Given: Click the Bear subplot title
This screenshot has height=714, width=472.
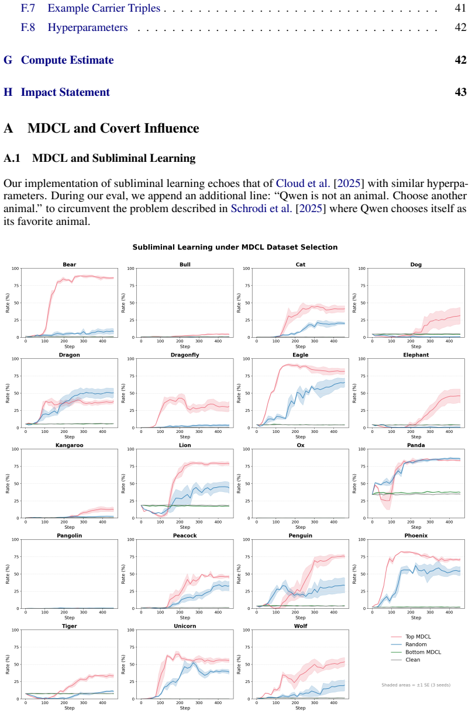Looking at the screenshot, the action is [69, 265].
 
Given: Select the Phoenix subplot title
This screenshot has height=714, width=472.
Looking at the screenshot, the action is [416, 535].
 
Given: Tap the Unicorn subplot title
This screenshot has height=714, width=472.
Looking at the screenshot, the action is [185, 626].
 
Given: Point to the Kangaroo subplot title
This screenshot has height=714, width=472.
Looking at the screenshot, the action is [69, 445].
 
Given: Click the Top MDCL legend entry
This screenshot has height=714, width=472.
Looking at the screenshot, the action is [411, 636].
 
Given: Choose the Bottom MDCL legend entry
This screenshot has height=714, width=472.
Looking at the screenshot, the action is [416, 652].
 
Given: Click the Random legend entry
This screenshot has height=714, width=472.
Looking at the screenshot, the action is [409, 644].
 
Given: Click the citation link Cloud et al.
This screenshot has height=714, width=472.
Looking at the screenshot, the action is [303, 183].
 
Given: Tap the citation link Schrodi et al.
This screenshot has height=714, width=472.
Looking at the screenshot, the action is [261, 209].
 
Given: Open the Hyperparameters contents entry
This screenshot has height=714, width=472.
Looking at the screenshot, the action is [88, 27].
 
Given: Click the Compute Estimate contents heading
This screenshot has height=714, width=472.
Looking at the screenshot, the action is [67, 60].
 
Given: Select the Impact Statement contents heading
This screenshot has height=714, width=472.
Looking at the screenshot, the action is [65, 92].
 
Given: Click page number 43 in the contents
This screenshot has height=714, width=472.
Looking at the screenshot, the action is [460, 92].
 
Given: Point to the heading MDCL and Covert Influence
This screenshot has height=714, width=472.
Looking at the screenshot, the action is [113, 128].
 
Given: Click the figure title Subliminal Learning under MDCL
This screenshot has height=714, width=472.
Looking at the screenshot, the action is [235, 247].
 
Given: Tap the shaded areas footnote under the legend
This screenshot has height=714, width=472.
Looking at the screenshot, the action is [416, 685].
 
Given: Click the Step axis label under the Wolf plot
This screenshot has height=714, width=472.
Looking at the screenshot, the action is [300, 708].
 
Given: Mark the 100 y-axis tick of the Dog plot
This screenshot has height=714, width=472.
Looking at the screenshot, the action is [361, 268].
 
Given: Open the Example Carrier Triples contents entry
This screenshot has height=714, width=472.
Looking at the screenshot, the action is [104, 8].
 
